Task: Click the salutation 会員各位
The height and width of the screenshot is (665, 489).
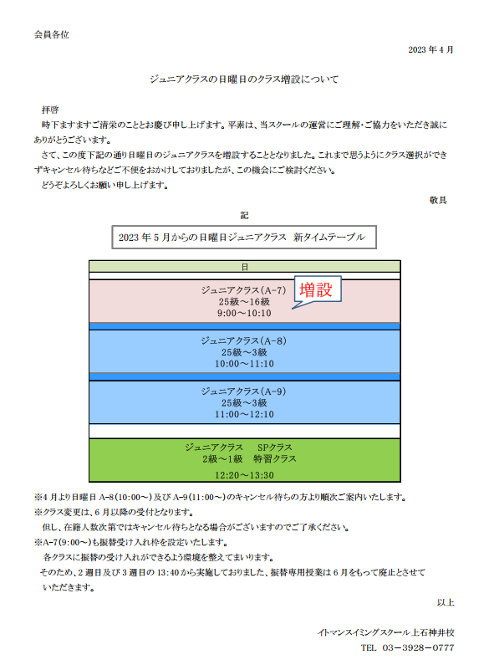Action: coord(51,35)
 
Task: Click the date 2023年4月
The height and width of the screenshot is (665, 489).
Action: coord(430,49)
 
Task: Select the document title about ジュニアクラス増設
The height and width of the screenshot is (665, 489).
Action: coord(244,79)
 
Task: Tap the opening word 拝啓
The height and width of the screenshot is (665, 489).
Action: coord(50,110)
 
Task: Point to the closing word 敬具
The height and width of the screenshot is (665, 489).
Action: coord(438,200)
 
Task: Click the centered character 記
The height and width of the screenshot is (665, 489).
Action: coord(244,216)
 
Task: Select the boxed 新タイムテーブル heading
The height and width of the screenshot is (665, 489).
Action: coord(244,237)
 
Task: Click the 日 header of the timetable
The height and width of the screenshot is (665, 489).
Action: coord(244,267)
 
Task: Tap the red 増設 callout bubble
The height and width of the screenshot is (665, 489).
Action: coord(316,289)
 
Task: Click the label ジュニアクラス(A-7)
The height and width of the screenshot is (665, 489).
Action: coord(243,290)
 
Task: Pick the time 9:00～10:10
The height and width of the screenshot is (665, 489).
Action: coord(244,313)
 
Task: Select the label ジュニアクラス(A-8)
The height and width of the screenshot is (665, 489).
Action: coord(243,340)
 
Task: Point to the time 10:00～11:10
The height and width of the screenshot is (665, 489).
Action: coord(244,364)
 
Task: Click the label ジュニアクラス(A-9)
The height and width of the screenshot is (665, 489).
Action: coord(243,391)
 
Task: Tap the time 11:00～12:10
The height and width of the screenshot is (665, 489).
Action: coord(244,414)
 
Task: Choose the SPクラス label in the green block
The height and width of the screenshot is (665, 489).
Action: coord(274,448)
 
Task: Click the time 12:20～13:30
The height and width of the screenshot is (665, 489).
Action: coord(244,475)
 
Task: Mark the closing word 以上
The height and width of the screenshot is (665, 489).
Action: coord(446,602)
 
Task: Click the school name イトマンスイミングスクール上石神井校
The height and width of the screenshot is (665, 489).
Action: coord(385,632)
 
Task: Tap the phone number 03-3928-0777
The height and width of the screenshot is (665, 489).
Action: coord(418,647)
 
